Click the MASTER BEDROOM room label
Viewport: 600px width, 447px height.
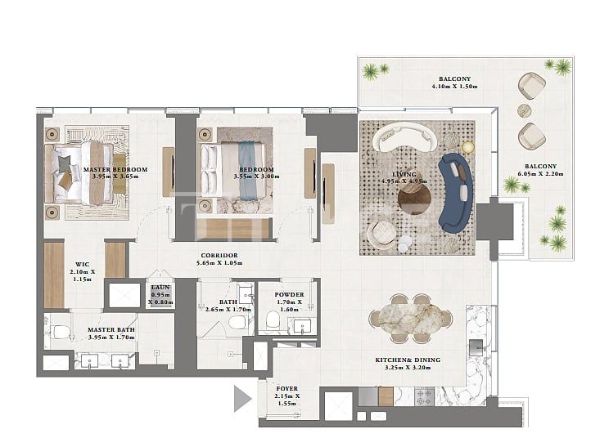(x=115, y=170)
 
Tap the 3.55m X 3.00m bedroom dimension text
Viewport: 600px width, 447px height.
(x=233, y=176)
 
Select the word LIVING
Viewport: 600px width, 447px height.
(x=404, y=175)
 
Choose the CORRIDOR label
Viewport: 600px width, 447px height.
(x=219, y=255)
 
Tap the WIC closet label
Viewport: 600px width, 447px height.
(x=82, y=264)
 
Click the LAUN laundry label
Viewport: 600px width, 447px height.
(x=160, y=287)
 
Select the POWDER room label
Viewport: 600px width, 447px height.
(x=290, y=294)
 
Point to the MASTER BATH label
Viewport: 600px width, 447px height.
(x=111, y=330)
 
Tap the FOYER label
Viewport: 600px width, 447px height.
(x=287, y=389)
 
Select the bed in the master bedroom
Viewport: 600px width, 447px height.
(x=81, y=172)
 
